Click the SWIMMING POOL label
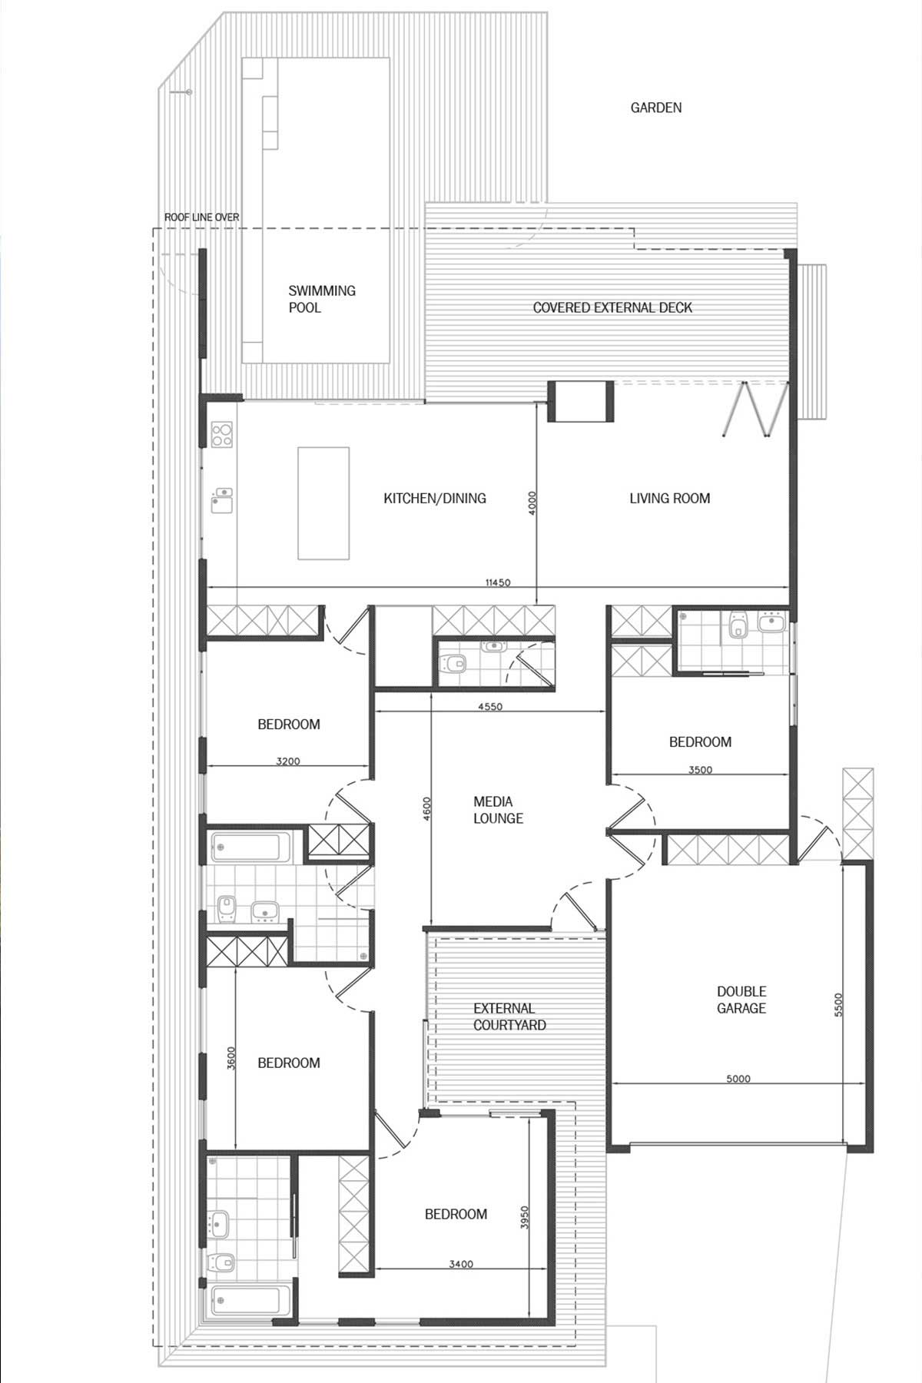click(x=322, y=299)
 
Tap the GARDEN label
click(x=656, y=108)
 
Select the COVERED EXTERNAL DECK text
click(x=612, y=307)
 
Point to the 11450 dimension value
click(x=498, y=582)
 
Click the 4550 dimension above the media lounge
click(x=489, y=707)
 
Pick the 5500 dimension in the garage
click(x=838, y=1006)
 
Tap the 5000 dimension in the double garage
click(x=738, y=1079)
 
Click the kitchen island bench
click(x=323, y=503)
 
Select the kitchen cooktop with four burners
click(x=222, y=435)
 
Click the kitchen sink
click(x=222, y=499)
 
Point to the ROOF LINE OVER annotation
click(x=201, y=217)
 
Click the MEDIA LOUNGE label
click(x=498, y=810)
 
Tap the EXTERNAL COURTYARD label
click(x=509, y=1017)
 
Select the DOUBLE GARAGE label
click(x=741, y=1000)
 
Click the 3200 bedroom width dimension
click(x=288, y=761)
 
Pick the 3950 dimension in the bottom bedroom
click(x=525, y=1217)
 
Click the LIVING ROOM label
click(x=669, y=498)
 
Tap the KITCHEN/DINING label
click(x=435, y=498)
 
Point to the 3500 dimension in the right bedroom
click(x=700, y=769)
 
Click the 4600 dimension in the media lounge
click(x=427, y=810)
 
